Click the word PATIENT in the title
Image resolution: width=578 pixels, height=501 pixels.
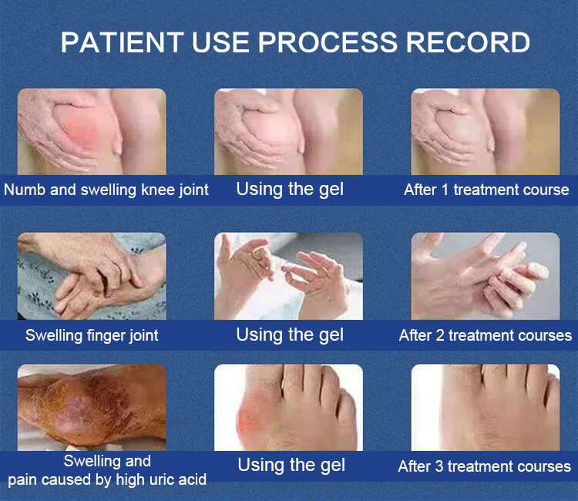pyautogui.click(x=122, y=42)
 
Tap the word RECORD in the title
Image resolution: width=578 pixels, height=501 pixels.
pyautogui.click(x=468, y=42)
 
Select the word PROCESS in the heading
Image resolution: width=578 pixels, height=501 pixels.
pyautogui.click(x=328, y=42)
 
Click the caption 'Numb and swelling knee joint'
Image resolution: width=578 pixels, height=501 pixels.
pyautogui.click(x=106, y=190)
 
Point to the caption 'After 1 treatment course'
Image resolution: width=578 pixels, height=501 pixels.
pyautogui.click(x=486, y=190)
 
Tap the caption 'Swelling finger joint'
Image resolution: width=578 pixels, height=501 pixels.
pyautogui.click(x=92, y=335)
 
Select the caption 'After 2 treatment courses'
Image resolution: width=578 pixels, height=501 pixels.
pyautogui.click(x=485, y=335)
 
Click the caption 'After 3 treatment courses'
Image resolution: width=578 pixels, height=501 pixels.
pyautogui.click(x=485, y=466)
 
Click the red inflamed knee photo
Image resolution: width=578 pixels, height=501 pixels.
pyautogui.click(x=92, y=132)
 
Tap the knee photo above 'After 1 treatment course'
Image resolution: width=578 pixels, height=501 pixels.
pyautogui.click(x=485, y=132)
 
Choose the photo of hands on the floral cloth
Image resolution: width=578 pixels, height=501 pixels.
pyautogui.click(x=92, y=276)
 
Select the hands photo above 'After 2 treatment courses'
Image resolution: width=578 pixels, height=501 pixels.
pyautogui.click(x=485, y=276)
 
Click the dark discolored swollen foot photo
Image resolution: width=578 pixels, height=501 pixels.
pyautogui.click(x=92, y=408)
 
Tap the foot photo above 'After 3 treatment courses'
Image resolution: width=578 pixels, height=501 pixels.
pyautogui.click(x=485, y=408)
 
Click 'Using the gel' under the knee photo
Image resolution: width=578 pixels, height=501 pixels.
pyautogui.click(x=290, y=190)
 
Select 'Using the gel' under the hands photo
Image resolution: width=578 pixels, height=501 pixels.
pyautogui.click(x=290, y=335)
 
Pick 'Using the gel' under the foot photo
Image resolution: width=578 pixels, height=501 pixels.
pyautogui.click(x=291, y=466)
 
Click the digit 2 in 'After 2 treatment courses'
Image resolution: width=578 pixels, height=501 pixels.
pyautogui.click(x=440, y=335)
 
